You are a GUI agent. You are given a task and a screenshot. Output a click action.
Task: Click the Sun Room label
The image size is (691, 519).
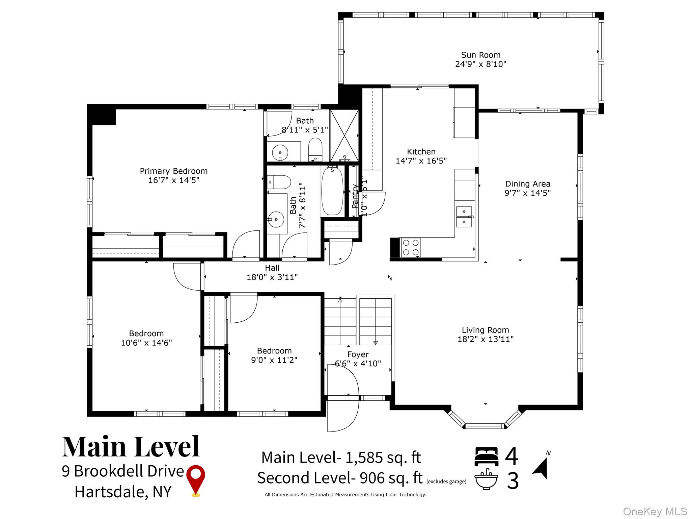point(480,55)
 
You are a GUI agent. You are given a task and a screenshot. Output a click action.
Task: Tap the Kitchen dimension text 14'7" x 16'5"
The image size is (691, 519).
point(421,161)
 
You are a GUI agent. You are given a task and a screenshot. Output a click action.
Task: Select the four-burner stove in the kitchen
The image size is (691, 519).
point(411,247)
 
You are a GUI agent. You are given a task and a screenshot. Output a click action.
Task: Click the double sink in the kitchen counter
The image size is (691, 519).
point(465,217)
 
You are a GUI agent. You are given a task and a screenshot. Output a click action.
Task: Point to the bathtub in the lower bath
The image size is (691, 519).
point(332,191)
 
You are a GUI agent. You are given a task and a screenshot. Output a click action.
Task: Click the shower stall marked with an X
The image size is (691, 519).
point(344,135)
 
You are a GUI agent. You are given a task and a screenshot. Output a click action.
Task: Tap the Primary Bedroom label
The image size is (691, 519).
point(173,171)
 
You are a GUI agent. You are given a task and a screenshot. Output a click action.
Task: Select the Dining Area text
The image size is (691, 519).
point(527,184)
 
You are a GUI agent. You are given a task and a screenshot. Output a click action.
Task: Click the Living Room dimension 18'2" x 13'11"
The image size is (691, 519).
point(485,339)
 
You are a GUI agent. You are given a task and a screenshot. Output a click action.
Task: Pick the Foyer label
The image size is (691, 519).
point(358,354)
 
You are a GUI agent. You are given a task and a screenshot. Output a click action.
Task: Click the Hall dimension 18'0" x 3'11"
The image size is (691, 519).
point(272,277)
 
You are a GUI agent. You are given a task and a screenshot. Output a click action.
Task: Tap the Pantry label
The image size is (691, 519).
point(355,196)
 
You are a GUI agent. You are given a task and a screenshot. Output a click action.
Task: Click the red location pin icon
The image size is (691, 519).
point(196,480)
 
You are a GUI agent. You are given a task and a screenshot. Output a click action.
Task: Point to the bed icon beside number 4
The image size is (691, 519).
point(487,456)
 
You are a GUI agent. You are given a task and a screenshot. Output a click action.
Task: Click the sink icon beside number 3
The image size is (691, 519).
point(486,479)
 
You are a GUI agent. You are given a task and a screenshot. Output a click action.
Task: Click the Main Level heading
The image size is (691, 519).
point(131,447)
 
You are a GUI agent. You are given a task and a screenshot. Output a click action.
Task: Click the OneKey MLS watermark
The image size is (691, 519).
point(655,511)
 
